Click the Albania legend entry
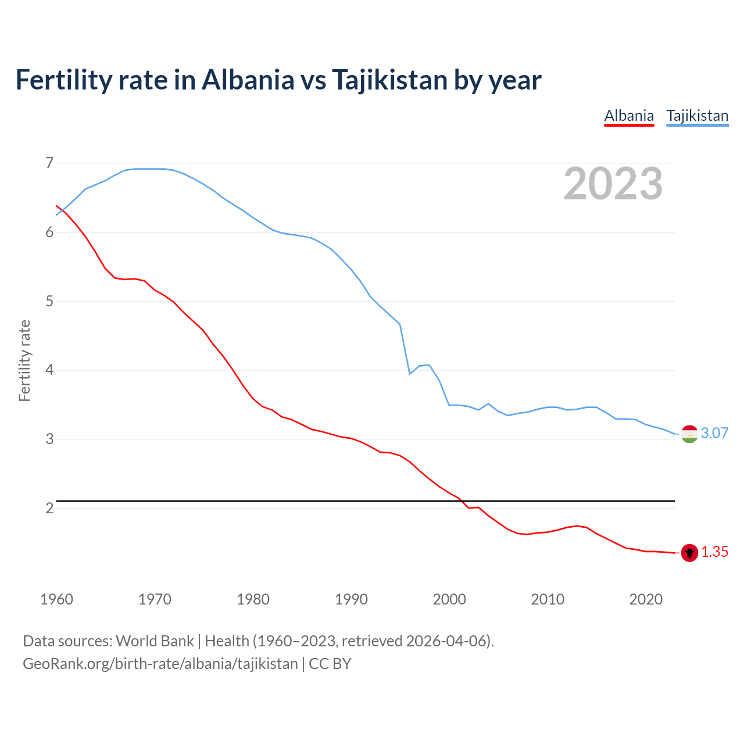point(629,116)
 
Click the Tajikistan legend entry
point(697,116)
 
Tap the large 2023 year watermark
point(613,184)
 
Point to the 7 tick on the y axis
point(49,163)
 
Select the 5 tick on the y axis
point(49,301)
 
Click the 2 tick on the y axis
point(49,508)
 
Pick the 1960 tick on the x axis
point(56,599)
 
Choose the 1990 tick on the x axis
point(351,599)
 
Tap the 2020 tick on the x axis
point(646,599)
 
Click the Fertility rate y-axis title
point(24,360)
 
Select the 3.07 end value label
point(714,433)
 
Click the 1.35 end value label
point(714,552)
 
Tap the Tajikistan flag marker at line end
point(689,434)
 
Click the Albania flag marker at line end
point(689,553)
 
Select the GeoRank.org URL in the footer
point(160,664)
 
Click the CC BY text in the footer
point(330,664)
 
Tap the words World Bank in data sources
point(155,641)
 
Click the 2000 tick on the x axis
point(449,599)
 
